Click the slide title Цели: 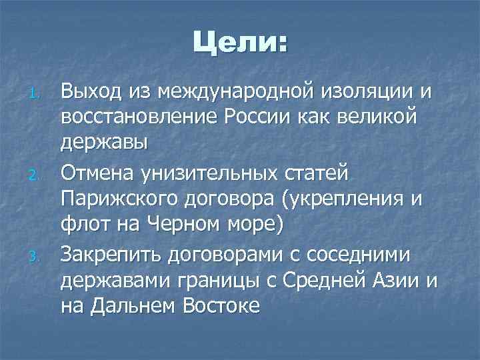click(241, 45)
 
